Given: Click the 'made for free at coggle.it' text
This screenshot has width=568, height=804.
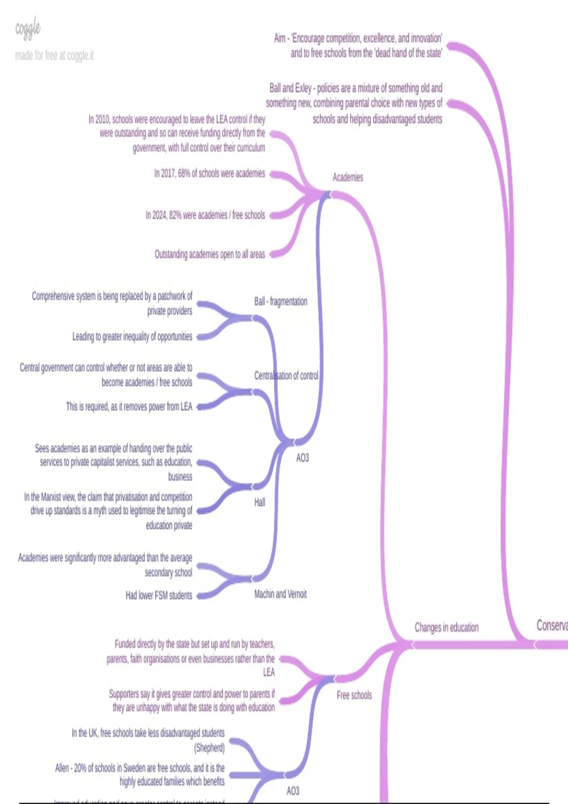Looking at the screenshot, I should [54, 56].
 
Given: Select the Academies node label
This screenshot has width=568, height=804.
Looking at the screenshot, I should [347, 177].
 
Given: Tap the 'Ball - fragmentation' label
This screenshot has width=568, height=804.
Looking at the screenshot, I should [281, 301].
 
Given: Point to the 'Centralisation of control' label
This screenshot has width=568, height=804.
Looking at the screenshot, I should [286, 376].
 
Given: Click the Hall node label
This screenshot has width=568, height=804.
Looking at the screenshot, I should [260, 502].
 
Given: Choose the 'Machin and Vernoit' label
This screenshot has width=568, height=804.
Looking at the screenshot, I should [280, 594].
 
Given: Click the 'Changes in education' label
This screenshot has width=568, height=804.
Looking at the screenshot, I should [446, 628].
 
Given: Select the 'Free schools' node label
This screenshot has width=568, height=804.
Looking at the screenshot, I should [354, 695].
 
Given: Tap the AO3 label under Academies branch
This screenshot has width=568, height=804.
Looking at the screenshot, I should [302, 458].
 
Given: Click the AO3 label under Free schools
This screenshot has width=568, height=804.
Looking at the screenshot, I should [293, 791].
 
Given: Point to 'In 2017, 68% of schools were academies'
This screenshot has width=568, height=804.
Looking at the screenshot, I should [210, 174].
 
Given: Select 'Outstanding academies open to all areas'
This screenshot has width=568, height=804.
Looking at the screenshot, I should [210, 254].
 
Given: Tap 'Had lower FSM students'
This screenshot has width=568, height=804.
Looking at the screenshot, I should [159, 595].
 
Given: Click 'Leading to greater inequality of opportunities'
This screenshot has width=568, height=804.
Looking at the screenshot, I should [133, 337].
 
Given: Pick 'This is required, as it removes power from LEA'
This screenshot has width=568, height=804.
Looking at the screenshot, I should [129, 407].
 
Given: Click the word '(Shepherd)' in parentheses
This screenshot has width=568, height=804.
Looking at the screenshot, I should [209, 748].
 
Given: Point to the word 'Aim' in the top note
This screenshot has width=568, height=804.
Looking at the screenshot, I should [280, 38].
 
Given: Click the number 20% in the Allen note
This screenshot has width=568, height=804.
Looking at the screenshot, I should [80, 768].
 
